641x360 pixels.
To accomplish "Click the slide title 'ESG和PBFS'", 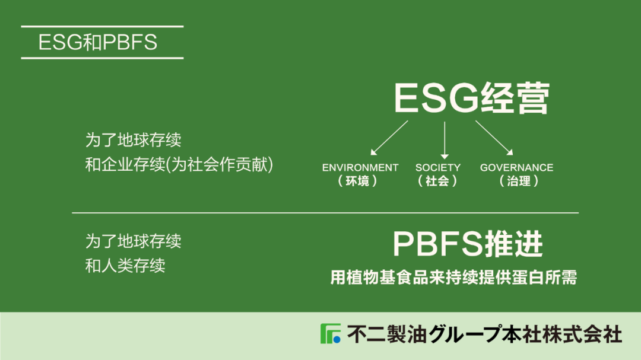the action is [x=98, y=42].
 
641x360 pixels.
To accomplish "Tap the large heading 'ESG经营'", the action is [x=472, y=98].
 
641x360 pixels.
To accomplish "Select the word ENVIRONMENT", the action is [x=360, y=167].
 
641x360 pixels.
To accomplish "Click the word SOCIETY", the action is [x=438, y=167].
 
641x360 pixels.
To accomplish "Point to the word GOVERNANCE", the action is [x=517, y=167].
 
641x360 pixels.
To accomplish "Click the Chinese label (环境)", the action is [x=358, y=181].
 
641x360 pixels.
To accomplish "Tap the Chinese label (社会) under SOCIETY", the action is [x=437, y=181].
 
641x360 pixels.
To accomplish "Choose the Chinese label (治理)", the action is [x=519, y=181].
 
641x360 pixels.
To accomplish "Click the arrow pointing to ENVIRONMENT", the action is [x=389, y=138].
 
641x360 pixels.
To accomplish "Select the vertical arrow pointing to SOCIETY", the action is [x=445, y=140].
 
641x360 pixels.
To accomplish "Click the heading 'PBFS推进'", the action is [x=468, y=244].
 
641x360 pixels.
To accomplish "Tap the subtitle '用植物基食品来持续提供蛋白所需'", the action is [x=454, y=278].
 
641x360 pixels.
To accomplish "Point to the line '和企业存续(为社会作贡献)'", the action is [x=179, y=165].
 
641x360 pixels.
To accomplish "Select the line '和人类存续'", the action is [x=125, y=266].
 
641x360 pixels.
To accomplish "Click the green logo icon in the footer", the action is [x=331, y=333].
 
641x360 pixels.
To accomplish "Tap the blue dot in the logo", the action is [x=337, y=339].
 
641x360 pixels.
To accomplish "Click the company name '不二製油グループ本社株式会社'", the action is [x=485, y=334].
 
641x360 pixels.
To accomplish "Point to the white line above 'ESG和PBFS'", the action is [x=102, y=27].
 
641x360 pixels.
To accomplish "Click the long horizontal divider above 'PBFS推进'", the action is [x=325, y=213].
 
